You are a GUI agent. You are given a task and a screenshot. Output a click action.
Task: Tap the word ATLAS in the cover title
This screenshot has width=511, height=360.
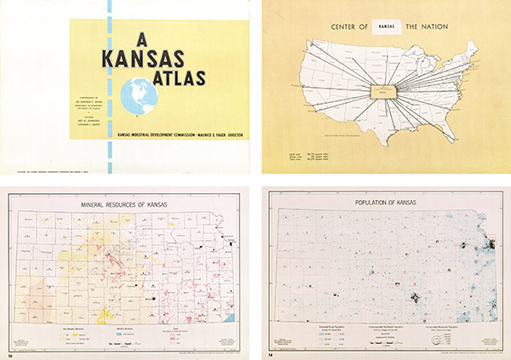pos(174,78)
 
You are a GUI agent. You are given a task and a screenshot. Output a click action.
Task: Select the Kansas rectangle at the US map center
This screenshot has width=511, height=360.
pos(385,88)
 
